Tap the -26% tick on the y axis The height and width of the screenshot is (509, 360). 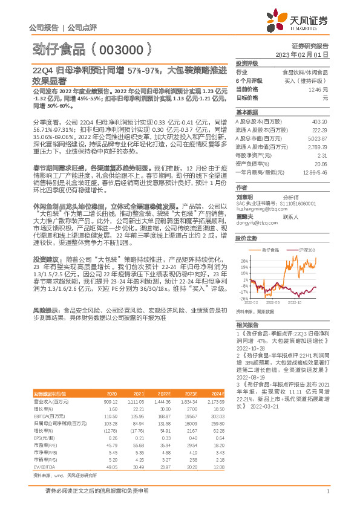(x=243, y=298)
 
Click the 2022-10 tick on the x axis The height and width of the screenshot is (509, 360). (x=295, y=302)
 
